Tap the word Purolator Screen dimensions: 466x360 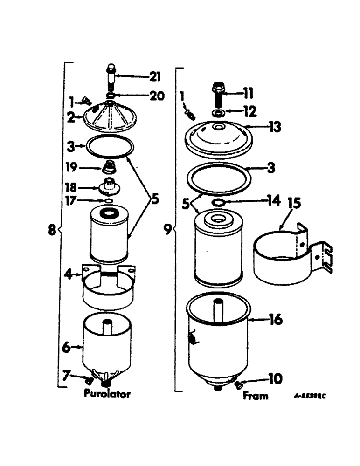pos(107,394)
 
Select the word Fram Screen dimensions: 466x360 pos(256,396)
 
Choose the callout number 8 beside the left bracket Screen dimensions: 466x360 pos(52,229)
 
